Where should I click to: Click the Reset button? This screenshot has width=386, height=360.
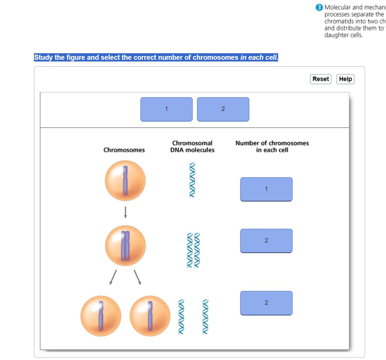(x=320, y=79)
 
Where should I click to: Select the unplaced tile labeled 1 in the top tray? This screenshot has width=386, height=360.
(x=166, y=109)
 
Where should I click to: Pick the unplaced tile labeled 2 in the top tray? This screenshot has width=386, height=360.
(x=223, y=109)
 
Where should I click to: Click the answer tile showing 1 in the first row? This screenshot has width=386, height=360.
(x=266, y=189)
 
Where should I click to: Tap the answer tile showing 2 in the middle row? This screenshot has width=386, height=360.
(x=266, y=240)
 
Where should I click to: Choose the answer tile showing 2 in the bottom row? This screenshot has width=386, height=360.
(x=266, y=303)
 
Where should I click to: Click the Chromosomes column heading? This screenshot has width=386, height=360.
(x=124, y=150)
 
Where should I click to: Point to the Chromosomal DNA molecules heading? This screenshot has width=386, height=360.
(x=192, y=146)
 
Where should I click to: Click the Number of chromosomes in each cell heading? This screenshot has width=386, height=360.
(x=272, y=146)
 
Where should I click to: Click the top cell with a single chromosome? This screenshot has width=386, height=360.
(x=125, y=181)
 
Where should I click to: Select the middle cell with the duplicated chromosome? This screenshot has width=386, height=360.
(x=125, y=245)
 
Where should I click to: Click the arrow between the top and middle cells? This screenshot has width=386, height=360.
(x=125, y=212)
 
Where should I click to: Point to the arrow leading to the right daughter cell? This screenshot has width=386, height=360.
(x=137, y=277)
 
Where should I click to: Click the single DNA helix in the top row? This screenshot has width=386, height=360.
(x=192, y=180)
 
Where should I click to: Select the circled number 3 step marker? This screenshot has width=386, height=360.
(x=320, y=7)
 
